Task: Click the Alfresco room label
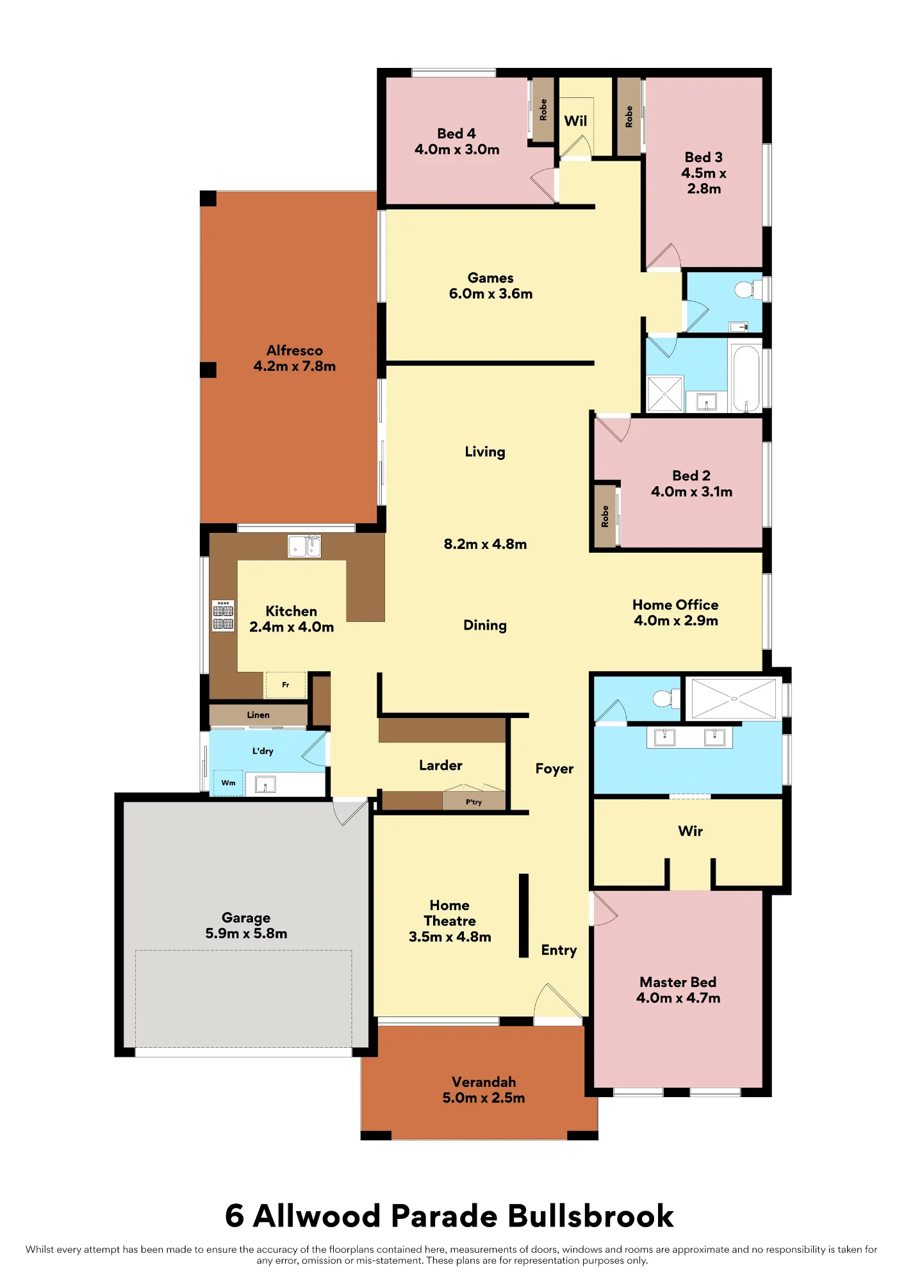(x=295, y=350)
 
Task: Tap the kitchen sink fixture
(x=304, y=546)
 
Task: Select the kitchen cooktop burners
(x=223, y=616)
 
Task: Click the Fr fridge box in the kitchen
(x=286, y=685)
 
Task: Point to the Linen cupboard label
(x=258, y=715)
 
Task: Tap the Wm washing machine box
(x=228, y=783)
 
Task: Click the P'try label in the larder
(x=474, y=802)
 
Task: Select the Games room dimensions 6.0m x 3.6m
(x=491, y=293)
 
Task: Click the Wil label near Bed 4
(x=575, y=121)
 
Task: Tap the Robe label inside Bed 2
(x=605, y=516)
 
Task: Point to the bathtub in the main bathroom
(x=746, y=379)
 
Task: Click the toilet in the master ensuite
(x=666, y=698)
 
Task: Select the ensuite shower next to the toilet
(x=734, y=698)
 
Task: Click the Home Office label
(x=675, y=605)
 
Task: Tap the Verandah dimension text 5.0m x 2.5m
(x=484, y=1098)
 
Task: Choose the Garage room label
(x=246, y=918)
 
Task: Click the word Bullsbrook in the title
(x=591, y=1216)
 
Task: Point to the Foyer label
(x=555, y=769)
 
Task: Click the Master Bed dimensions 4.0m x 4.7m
(x=679, y=998)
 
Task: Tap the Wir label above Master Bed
(x=691, y=831)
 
